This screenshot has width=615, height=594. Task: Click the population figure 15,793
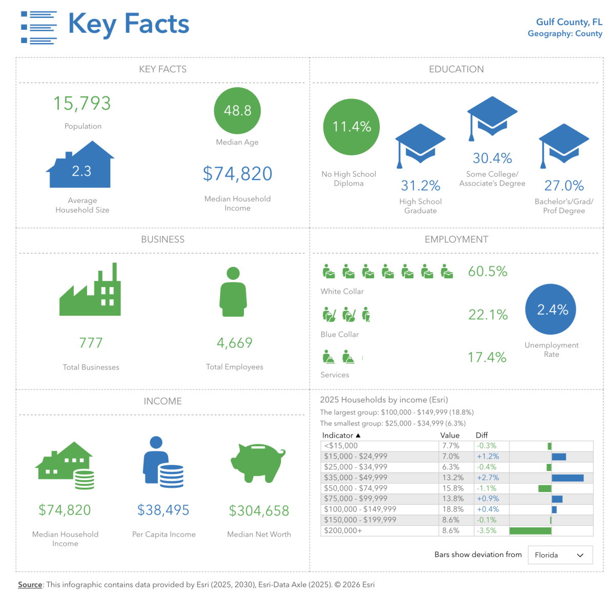tap(82, 104)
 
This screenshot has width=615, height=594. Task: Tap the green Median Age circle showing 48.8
tap(237, 111)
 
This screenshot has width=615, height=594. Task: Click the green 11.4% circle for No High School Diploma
tap(352, 127)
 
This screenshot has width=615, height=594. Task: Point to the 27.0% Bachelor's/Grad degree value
tap(564, 186)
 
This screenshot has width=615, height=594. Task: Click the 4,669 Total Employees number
tap(235, 343)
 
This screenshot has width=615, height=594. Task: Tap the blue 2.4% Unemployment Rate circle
tap(551, 310)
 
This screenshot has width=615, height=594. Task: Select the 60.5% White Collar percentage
tap(487, 272)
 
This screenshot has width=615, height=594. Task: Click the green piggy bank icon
tap(258, 462)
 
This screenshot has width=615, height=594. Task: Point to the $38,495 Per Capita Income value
tap(163, 510)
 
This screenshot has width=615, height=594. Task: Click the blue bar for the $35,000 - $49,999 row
tap(567, 478)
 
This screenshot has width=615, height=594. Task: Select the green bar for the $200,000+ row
tap(530, 531)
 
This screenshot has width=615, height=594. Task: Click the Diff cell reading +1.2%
tap(487, 456)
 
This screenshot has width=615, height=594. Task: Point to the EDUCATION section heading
tap(456, 69)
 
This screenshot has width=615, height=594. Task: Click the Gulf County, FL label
tap(569, 22)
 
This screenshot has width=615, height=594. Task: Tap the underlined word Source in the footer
tap(30, 585)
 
